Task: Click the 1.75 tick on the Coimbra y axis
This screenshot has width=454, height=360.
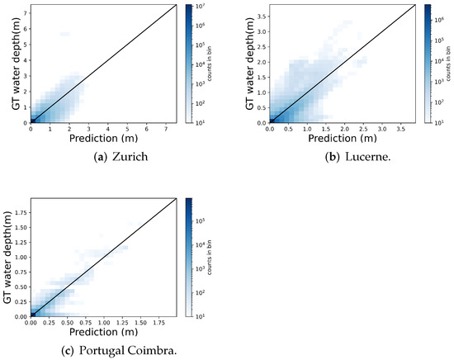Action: [x=20, y=213]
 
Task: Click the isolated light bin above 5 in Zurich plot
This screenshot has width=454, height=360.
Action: [x=64, y=34]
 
